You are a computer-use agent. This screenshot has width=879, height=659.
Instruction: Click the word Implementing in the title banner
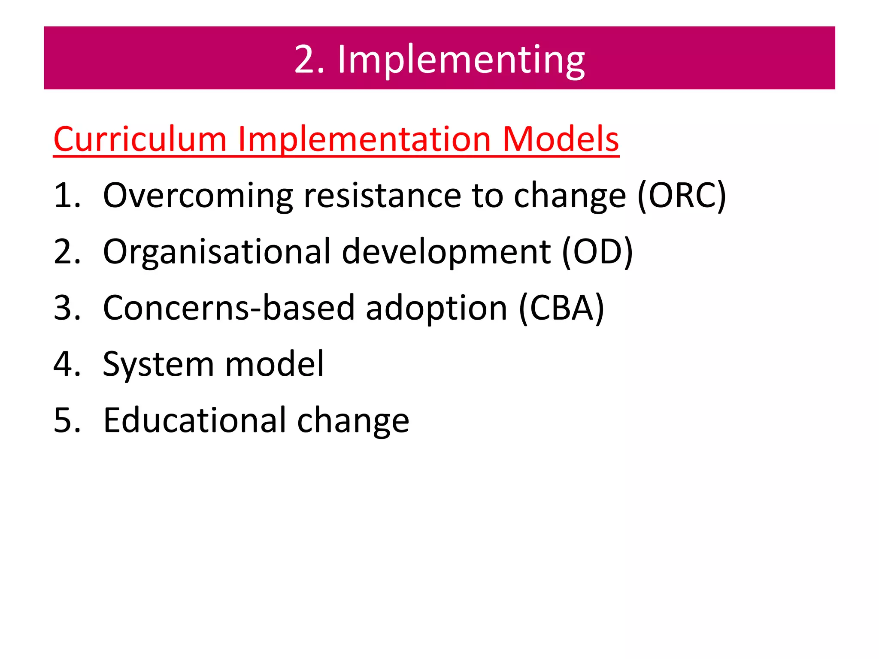pyautogui.click(x=461, y=60)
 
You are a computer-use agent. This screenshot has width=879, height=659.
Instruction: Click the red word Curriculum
pyautogui.click(x=140, y=139)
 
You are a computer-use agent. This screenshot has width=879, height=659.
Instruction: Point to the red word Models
pyautogui.click(x=561, y=139)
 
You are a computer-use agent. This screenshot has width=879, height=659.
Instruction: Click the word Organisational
pyautogui.click(x=217, y=252)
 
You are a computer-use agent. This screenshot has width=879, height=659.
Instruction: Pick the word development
pyautogui.click(x=446, y=252)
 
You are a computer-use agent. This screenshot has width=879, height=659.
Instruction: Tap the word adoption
pyautogui.click(x=436, y=308)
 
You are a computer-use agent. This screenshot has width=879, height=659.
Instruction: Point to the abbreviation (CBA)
pyautogui.click(x=561, y=308)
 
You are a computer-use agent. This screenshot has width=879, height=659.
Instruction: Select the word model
pyautogui.click(x=274, y=364)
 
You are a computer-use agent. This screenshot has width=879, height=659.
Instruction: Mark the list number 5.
pyautogui.click(x=67, y=420)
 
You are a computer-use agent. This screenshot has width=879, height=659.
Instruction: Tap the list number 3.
pyautogui.click(x=67, y=308)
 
